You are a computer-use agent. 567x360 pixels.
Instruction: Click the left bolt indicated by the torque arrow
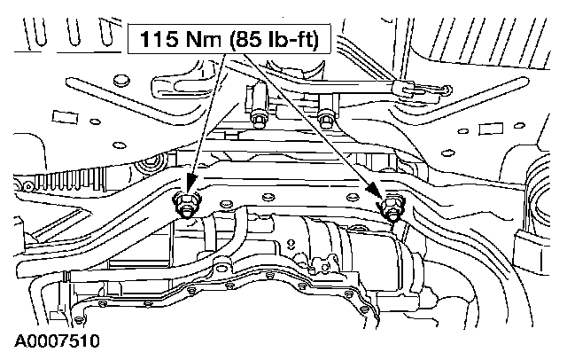click(187, 206)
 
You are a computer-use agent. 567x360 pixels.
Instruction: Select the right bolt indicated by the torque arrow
click(390, 211)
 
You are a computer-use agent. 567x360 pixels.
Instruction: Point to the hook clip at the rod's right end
click(435, 89)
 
